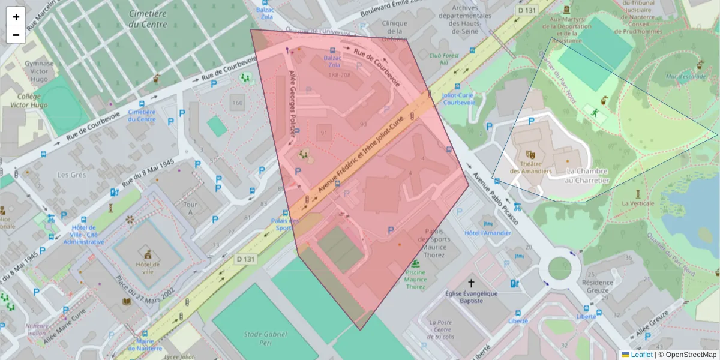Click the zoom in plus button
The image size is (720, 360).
point(16,17)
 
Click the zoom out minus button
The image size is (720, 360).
point(16,34)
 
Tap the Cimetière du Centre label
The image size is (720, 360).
point(148,17)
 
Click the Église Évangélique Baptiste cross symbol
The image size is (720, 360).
point(471,283)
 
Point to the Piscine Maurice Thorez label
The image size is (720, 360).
point(415,279)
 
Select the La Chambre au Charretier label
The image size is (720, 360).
point(587,176)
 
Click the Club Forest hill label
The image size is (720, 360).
point(444,59)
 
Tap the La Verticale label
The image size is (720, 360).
point(638,203)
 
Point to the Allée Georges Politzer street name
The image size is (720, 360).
point(293,105)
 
